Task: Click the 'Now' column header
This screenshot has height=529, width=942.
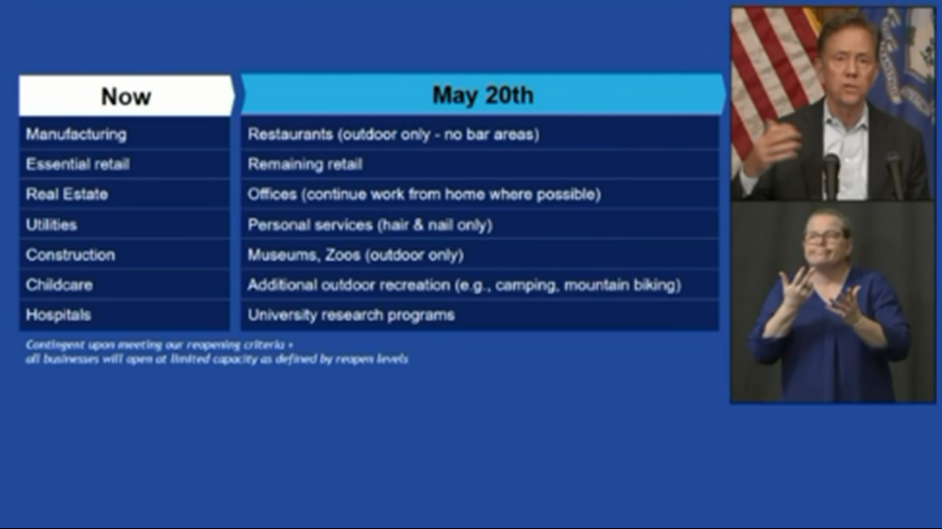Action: pos(126,96)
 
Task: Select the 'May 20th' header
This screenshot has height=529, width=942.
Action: pos(483,95)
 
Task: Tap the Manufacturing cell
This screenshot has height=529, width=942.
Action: pos(124,134)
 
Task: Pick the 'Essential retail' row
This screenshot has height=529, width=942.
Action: pos(124,163)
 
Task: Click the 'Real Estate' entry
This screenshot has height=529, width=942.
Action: pos(124,194)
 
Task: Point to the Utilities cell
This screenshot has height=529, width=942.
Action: pos(124,224)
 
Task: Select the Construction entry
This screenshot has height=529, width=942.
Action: pos(124,254)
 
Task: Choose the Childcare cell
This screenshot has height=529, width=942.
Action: pos(124,284)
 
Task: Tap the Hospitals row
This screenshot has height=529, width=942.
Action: pos(124,314)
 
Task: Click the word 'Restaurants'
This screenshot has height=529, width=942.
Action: pos(290,134)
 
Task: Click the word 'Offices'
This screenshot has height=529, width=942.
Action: pos(272,194)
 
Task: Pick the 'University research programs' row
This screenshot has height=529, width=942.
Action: pos(479,314)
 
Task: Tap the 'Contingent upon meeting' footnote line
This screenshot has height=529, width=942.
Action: pos(159,345)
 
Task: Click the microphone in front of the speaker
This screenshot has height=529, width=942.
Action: pos(830,175)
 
